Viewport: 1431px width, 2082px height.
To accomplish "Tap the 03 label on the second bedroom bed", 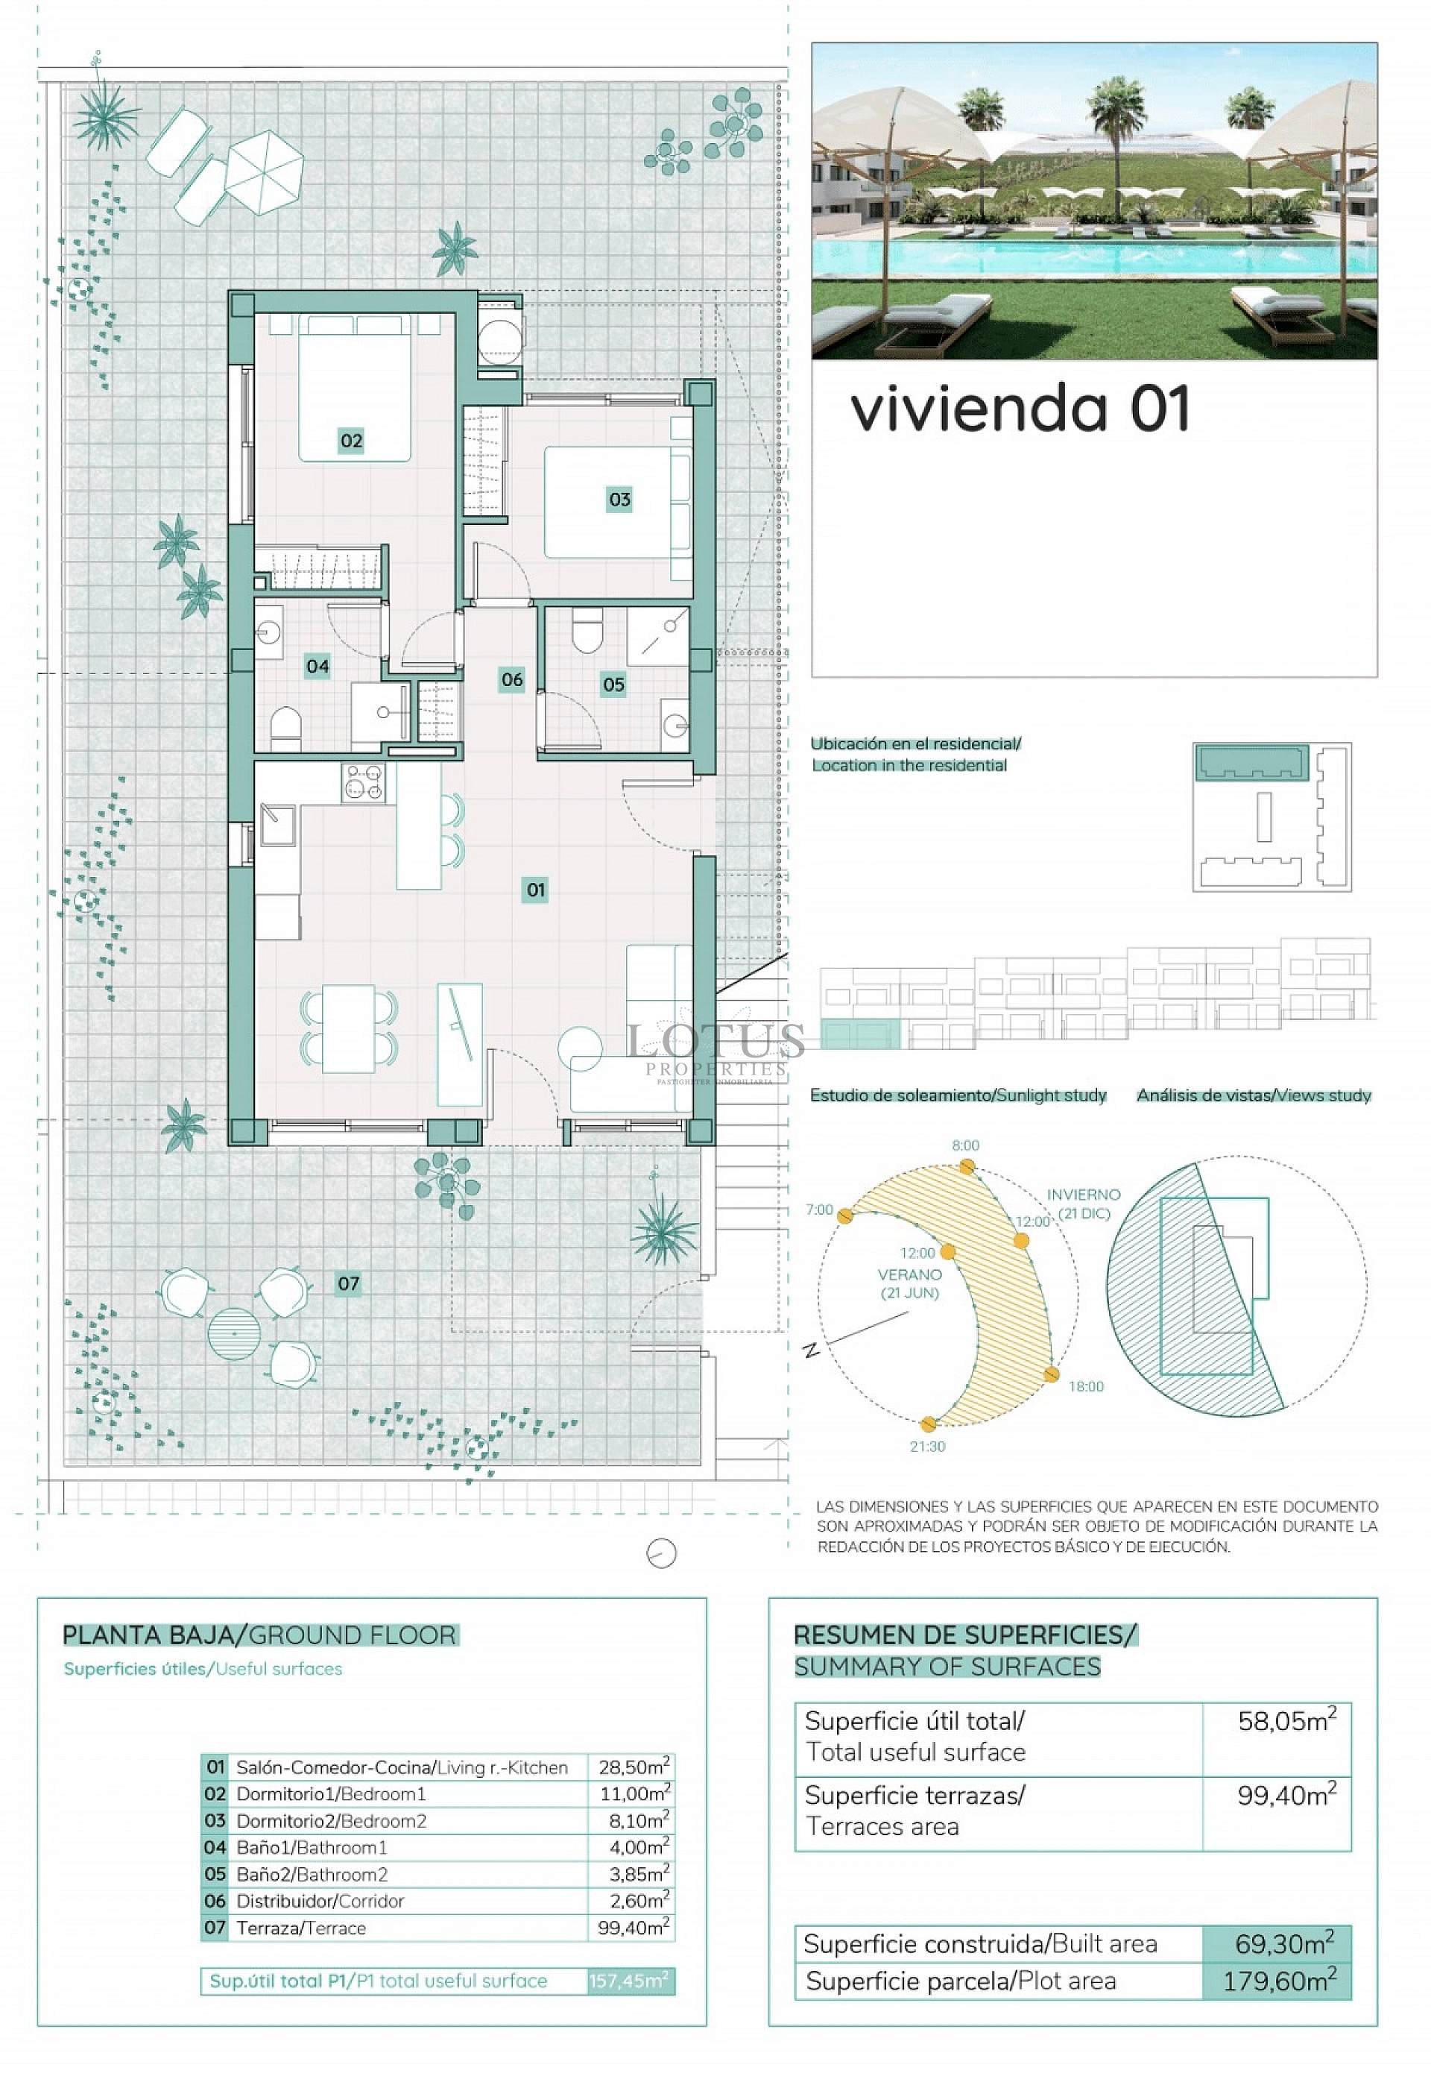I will (619, 500).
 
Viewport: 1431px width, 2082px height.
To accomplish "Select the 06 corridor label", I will (512, 679).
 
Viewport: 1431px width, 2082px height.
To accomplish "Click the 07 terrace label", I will (348, 1283).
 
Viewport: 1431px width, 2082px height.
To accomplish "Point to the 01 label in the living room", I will (535, 890).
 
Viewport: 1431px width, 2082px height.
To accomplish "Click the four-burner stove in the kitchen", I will (363, 782).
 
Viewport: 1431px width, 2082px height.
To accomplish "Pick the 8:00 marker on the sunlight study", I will (967, 1166).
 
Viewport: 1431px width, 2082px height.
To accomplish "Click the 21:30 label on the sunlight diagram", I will (927, 1446).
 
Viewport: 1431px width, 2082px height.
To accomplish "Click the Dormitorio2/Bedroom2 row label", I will (331, 1821).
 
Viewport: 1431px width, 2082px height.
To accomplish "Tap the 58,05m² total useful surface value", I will (1286, 1721).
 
